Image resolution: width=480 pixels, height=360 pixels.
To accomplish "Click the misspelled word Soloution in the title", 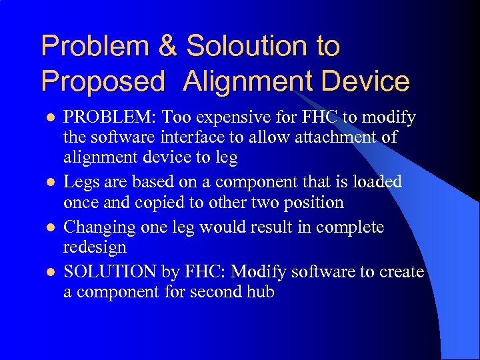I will (x=247, y=47).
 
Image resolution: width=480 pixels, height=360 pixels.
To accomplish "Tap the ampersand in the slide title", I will (x=168, y=47).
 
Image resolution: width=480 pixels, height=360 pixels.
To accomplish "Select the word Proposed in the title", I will (x=103, y=81).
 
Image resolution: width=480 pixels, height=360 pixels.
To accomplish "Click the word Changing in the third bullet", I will (x=99, y=227).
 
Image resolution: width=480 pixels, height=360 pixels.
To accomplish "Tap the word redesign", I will (x=95, y=247).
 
